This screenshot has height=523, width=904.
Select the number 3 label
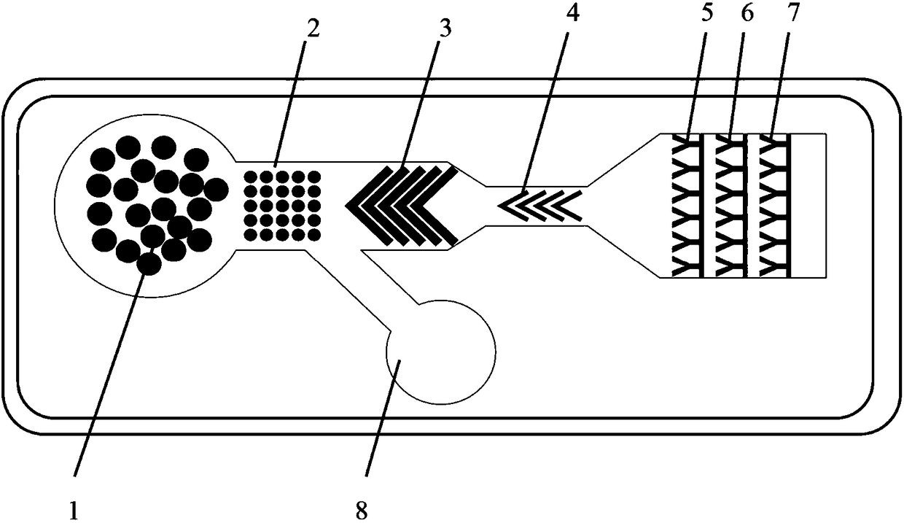pos(445,28)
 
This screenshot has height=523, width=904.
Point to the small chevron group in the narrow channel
pos(539,205)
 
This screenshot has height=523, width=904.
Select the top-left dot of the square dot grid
pos(249,177)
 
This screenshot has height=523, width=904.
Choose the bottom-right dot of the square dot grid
pos(314,234)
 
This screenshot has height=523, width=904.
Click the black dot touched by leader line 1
pos(149,263)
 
